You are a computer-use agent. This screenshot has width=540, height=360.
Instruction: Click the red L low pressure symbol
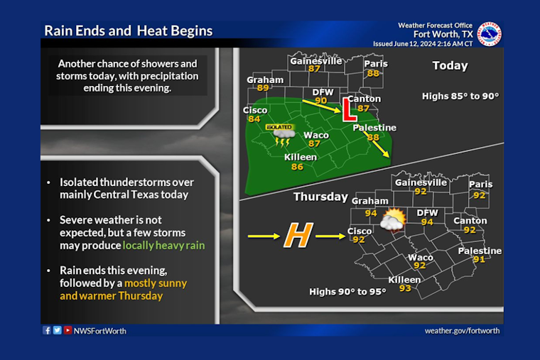[x=348, y=109]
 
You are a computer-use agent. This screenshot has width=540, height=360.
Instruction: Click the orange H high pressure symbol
[x=299, y=236]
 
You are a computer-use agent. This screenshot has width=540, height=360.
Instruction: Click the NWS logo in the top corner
[x=490, y=33]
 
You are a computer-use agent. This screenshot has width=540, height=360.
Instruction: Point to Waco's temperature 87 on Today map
[x=315, y=143]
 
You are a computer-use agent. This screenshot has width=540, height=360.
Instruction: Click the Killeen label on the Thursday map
[x=404, y=279]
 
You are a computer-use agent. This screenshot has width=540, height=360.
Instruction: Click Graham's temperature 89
[x=263, y=88]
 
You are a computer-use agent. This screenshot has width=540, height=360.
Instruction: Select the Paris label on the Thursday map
[x=480, y=185]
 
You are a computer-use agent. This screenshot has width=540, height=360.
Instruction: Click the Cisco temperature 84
[x=254, y=119]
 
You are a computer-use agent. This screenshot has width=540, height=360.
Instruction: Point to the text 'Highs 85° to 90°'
[x=460, y=96]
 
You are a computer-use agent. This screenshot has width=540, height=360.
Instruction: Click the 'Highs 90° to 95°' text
[x=347, y=292]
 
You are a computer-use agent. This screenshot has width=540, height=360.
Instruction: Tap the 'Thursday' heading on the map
[x=320, y=197]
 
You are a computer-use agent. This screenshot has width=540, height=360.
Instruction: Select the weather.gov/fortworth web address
[x=462, y=330]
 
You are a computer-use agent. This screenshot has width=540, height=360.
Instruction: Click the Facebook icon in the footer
[x=47, y=330]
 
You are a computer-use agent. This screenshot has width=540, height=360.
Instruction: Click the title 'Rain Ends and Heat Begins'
[x=129, y=31]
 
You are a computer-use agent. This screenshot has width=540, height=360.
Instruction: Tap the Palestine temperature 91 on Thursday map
[x=480, y=260]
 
